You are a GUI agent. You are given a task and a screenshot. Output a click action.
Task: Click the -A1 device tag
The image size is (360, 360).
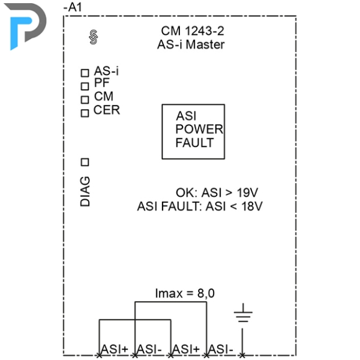73,7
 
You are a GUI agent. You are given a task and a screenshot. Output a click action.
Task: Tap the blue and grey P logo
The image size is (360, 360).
25,26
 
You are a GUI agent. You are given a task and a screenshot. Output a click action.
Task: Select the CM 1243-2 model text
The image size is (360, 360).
192,31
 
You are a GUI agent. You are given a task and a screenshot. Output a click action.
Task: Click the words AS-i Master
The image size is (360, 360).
191,45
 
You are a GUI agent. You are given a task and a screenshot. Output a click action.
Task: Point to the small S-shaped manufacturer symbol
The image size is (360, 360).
94,37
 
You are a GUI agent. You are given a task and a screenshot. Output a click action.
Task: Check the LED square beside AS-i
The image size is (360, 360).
85,73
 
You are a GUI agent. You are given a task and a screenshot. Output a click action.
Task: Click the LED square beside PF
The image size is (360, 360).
85,86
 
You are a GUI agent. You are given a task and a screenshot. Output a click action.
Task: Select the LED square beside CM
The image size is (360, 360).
85,100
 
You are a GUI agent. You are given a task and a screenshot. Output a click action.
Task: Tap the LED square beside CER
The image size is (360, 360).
85,113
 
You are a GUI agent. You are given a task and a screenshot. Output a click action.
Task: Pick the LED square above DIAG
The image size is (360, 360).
85,163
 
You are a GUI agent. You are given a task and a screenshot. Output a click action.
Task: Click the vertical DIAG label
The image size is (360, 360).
85,191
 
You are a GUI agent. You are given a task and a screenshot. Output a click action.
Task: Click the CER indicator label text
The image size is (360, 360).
107,110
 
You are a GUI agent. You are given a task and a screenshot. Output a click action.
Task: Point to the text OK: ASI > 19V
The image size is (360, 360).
217,192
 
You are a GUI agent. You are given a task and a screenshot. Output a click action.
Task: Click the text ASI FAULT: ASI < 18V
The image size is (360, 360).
200,206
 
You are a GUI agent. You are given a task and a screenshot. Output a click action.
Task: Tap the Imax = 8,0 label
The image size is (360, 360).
185,294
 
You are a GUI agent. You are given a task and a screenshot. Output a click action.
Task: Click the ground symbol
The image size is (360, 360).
243,313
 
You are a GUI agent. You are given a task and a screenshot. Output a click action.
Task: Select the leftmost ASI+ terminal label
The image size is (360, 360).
114,349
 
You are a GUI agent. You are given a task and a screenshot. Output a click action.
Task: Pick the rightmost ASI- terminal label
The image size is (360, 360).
221,349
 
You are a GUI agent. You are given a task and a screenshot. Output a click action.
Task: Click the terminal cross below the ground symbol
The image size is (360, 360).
243,356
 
